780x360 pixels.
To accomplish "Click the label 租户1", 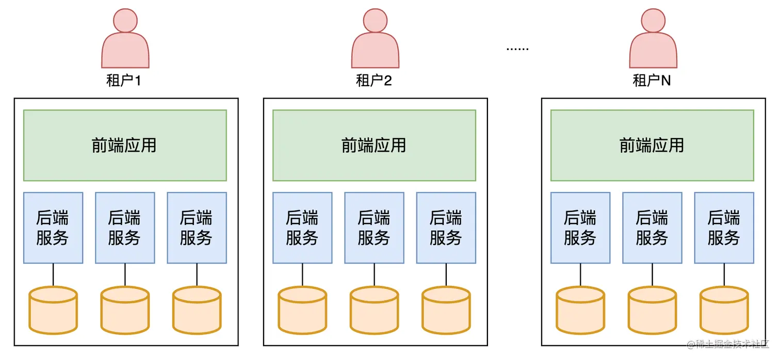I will [124, 81].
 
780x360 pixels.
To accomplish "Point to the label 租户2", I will [374, 81].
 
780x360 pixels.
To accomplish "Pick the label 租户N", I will [652, 81].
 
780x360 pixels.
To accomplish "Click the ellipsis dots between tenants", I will [517, 49].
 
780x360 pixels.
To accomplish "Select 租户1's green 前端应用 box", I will [125, 145].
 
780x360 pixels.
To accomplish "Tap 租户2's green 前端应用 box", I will [374, 145].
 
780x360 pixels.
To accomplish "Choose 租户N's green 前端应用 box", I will [652, 145].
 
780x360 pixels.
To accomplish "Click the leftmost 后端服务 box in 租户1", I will [53, 227].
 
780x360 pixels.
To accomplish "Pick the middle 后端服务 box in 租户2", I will [374, 227].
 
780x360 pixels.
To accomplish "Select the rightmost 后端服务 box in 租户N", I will [724, 227].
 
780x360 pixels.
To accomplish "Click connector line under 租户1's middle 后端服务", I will [125, 274].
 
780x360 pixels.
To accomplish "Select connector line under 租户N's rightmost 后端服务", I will [724, 274].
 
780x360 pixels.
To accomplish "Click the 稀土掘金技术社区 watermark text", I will [727, 344].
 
